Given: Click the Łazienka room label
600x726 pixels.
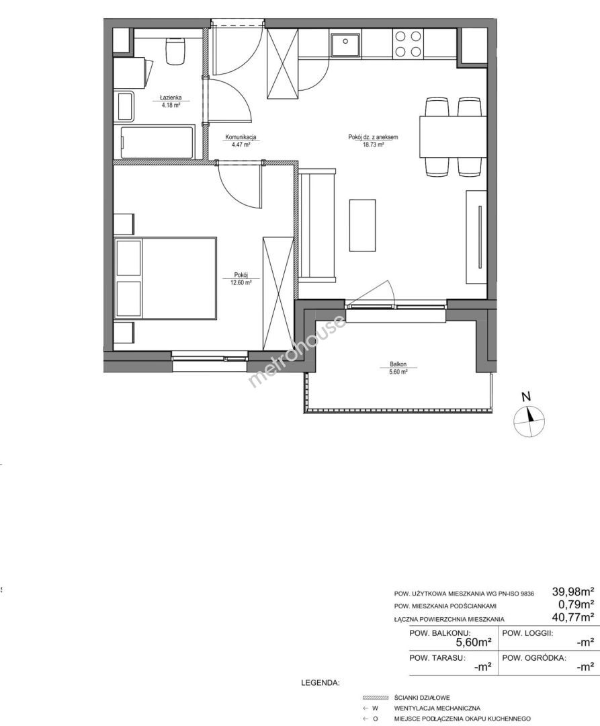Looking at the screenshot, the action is [170, 97].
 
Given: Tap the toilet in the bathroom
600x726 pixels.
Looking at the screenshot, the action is [175, 51].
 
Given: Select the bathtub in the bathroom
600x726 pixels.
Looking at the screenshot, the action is [157, 142].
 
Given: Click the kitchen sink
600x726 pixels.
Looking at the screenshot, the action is [345, 44].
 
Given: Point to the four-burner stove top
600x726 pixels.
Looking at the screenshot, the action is [408, 44].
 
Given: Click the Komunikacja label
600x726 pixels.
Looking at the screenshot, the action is [241, 137].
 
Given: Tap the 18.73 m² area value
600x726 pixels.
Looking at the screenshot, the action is [373, 145].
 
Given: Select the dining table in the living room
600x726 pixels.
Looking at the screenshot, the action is [453, 137].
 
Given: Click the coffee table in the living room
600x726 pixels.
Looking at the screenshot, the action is [362, 225].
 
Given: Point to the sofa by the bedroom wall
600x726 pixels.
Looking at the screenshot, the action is [317, 225].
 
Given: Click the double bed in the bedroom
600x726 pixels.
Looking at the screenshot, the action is [165, 278].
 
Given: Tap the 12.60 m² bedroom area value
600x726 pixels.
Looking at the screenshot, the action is [241, 282].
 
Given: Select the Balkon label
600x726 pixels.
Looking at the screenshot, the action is [398, 364].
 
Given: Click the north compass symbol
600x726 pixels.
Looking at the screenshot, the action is [529, 419].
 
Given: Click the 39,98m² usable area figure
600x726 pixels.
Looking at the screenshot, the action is [573, 592].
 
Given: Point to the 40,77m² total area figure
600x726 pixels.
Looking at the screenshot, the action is [573, 617].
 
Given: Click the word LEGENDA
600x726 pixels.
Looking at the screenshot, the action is [320, 682].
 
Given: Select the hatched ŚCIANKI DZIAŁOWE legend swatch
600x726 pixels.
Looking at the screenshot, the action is [375, 698].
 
